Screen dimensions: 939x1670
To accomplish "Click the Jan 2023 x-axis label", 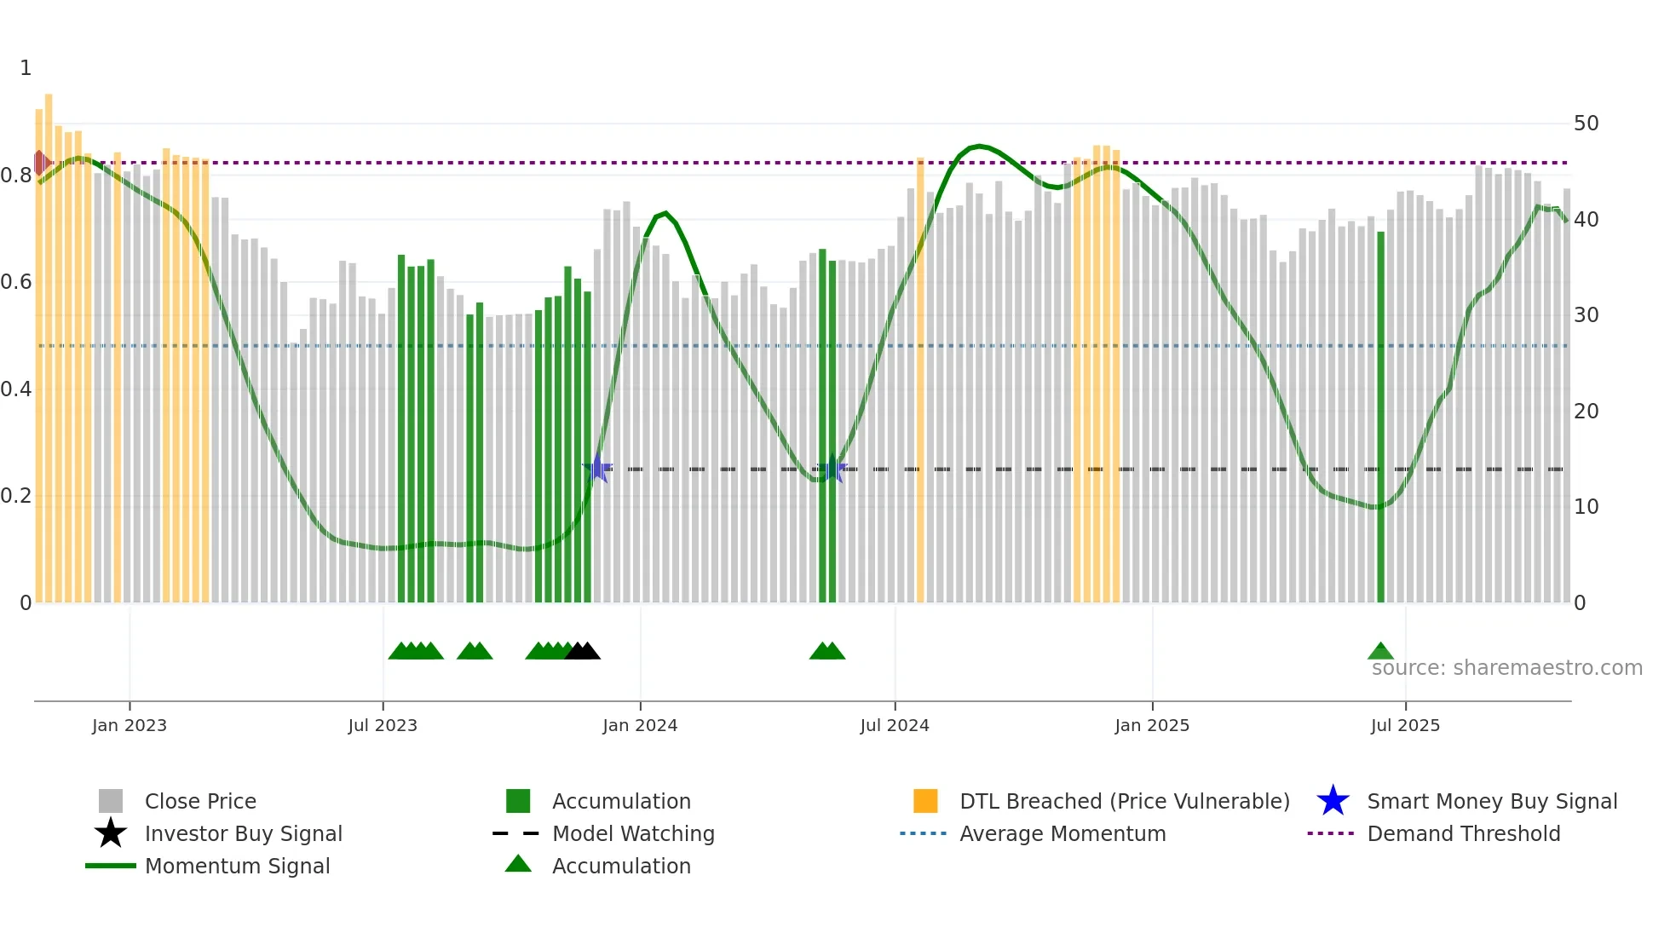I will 130,725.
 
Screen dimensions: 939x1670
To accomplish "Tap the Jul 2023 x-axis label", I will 383,725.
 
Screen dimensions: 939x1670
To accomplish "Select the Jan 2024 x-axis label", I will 640,725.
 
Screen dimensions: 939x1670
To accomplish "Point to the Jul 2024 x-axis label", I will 895,725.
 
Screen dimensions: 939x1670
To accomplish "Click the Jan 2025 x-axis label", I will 1152,725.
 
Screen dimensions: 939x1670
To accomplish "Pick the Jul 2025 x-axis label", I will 1405,725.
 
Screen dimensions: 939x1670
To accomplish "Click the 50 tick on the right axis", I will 1586,124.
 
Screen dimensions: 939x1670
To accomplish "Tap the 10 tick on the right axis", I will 1586,507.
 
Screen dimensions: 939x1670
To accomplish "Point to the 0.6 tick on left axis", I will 16,282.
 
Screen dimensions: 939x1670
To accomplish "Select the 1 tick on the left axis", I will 26,68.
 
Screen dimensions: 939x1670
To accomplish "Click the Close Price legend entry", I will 200,801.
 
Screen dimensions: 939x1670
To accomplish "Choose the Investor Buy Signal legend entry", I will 243,833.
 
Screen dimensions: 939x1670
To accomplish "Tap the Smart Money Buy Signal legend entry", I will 1492,801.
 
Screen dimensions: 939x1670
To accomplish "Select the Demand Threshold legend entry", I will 1463,833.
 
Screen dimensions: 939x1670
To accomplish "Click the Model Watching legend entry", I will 633,833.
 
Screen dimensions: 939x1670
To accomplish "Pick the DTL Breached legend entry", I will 1124,801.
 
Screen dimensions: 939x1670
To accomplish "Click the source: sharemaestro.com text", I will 1506,668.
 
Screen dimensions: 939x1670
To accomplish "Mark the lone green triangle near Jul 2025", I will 1380,652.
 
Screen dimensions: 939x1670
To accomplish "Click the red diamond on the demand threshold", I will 39,162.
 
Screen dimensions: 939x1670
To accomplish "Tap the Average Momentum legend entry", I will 1062,833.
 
